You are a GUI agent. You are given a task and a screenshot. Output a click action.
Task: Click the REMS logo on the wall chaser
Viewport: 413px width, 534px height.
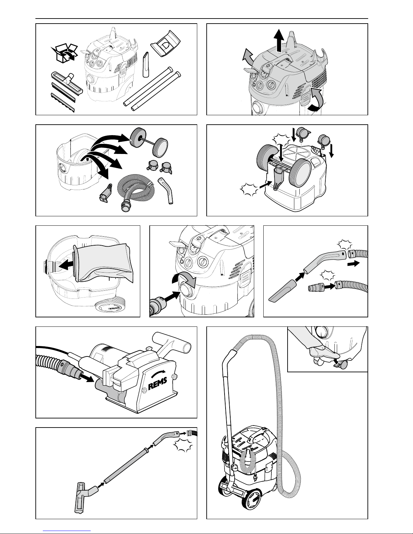tap(158, 384)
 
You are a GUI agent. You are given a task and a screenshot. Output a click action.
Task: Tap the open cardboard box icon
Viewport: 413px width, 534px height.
tap(64, 53)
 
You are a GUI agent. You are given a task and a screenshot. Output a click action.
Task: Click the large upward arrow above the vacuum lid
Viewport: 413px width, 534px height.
tap(279, 40)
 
